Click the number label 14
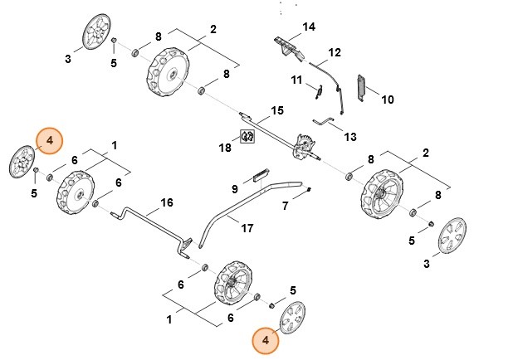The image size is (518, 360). pyautogui.click(x=309, y=27)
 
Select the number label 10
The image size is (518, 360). pyautogui.click(x=387, y=100)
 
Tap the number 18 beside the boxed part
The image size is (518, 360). pyautogui.click(x=225, y=148)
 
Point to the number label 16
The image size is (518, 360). pyautogui.click(x=167, y=202)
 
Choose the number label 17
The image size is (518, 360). pyautogui.click(x=247, y=228)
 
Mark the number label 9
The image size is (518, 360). pyautogui.click(x=235, y=190)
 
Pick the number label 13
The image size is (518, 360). pyautogui.click(x=349, y=136)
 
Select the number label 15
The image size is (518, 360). pyautogui.click(x=277, y=110)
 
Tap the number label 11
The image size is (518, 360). pyautogui.click(x=296, y=80)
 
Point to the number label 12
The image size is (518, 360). pyautogui.click(x=335, y=52)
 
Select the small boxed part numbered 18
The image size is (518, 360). pyautogui.click(x=247, y=136)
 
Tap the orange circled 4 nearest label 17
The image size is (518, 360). pyautogui.click(x=265, y=339)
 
